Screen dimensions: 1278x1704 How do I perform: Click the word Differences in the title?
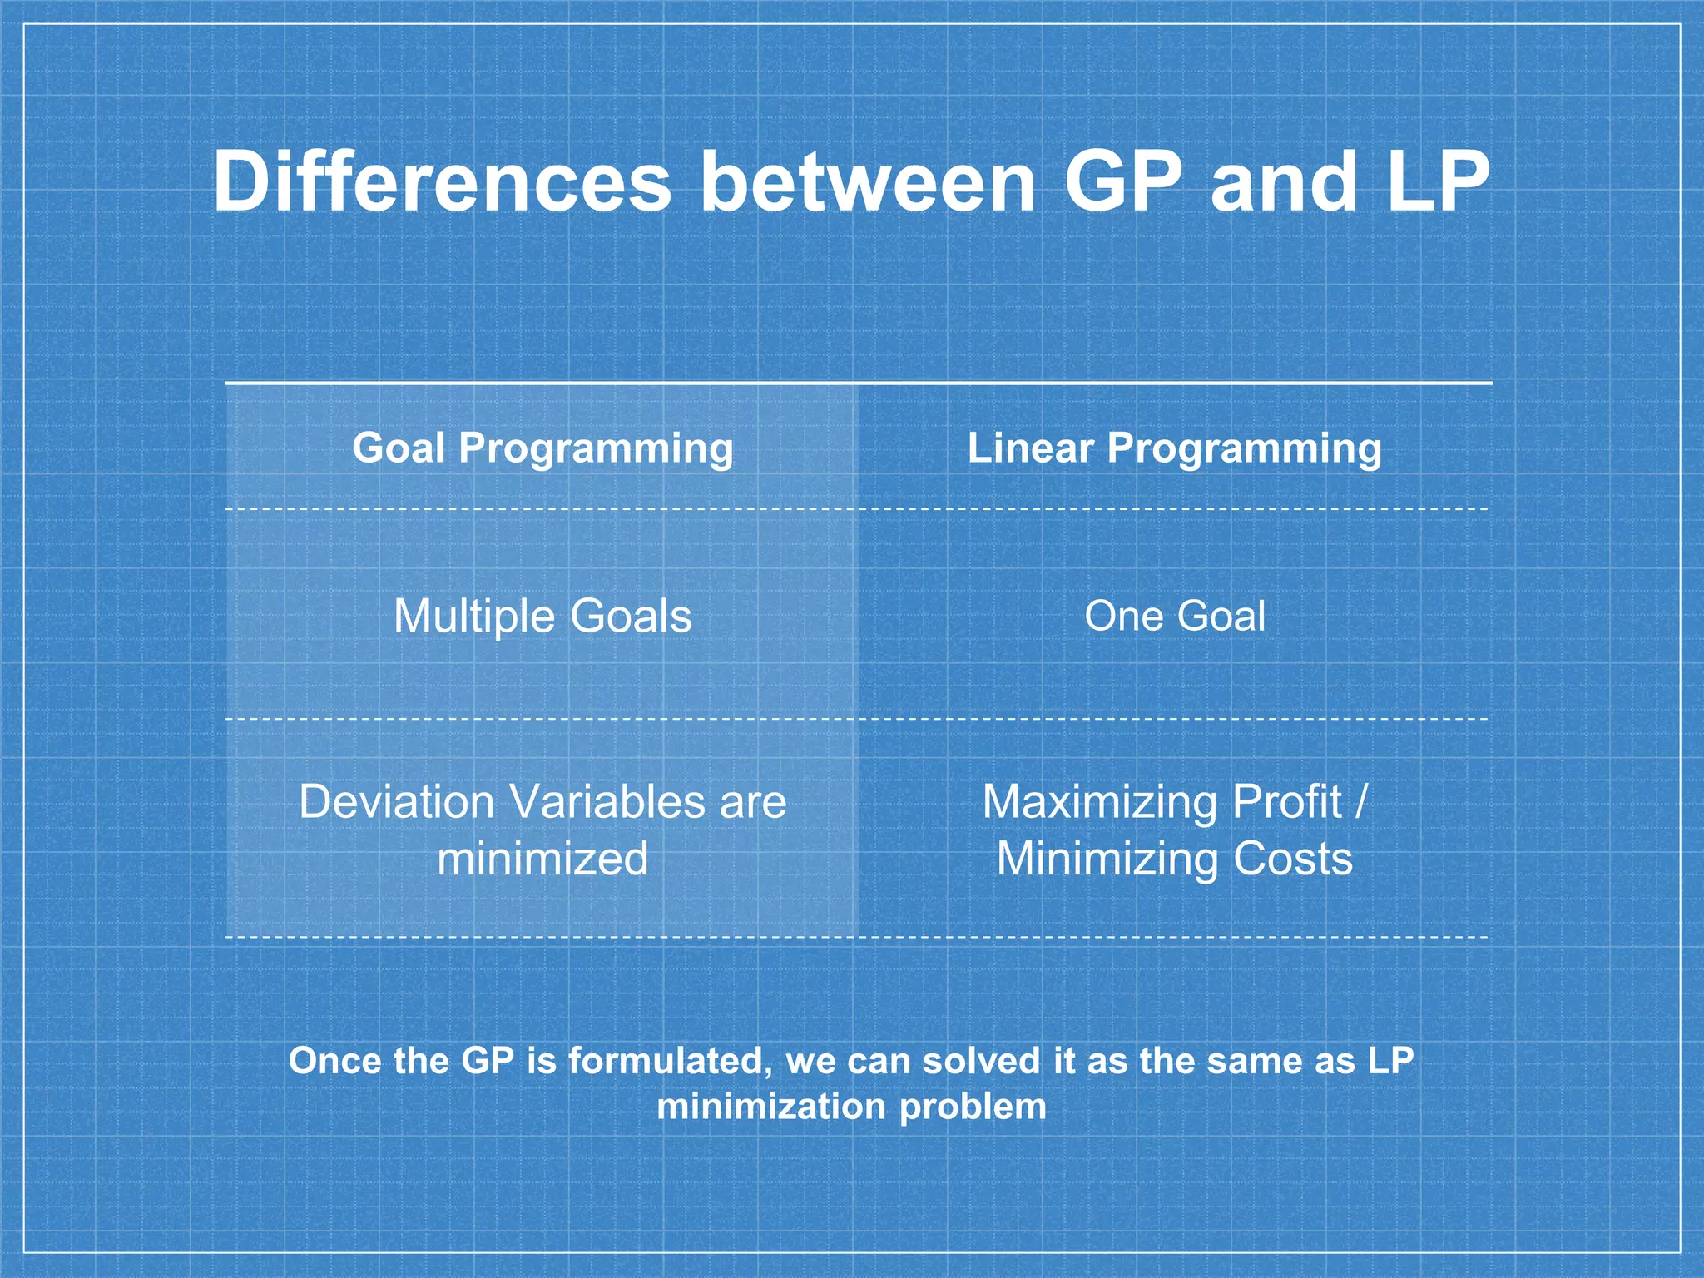pyautogui.click(x=442, y=181)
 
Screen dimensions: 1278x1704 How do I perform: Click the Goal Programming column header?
pyautogui.click(x=542, y=448)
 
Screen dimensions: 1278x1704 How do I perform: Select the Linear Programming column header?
pyautogui.click(x=1174, y=448)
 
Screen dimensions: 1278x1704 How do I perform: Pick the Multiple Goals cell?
pyautogui.click(x=542, y=617)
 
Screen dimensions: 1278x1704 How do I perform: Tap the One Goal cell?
pyautogui.click(x=1174, y=617)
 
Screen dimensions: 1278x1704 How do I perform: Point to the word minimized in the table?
pyautogui.click(x=542, y=859)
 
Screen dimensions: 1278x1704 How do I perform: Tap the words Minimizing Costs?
pyautogui.click(x=1174, y=859)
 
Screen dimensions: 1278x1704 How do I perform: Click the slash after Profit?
pyautogui.click(x=1360, y=802)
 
